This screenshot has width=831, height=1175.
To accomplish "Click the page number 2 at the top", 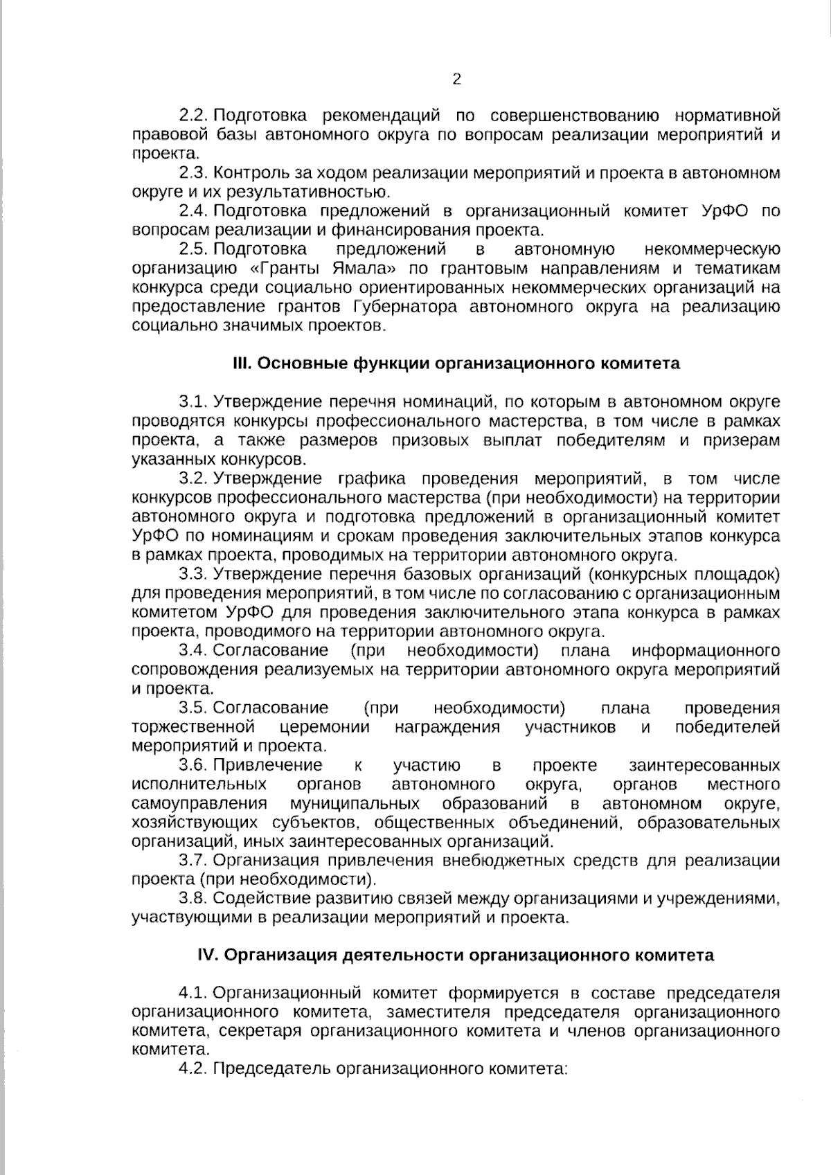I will [456, 79].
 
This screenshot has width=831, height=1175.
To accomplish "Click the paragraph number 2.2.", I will [193, 115].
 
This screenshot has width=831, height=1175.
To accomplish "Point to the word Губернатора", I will [404, 307].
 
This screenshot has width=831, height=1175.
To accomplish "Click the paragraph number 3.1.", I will [193, 402].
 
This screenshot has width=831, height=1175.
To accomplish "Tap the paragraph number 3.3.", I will [193, 574].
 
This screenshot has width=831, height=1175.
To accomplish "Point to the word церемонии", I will [325, 727].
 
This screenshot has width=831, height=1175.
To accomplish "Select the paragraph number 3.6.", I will [193, 765].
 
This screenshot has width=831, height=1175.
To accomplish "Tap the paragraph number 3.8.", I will [193, 899].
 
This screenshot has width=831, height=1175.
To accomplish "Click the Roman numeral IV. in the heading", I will [208, 956].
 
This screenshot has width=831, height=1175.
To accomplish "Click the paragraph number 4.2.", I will [193, 1069].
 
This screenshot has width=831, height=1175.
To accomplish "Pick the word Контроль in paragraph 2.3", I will [246, 172].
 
